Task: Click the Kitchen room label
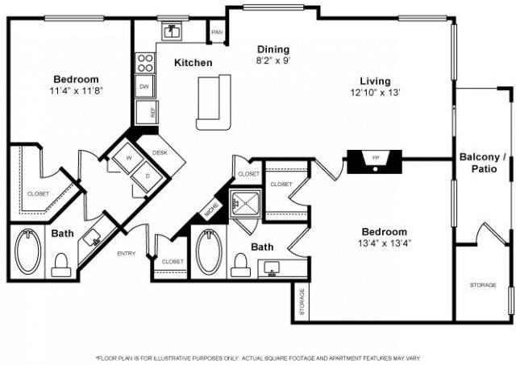click(193, 63)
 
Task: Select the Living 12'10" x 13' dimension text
click(375, 92)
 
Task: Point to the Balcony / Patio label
click(483, 163)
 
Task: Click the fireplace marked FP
click(375, 160)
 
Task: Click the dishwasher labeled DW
click(144, 86)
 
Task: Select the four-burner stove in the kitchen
click(145, 63)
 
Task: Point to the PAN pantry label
click(217, 32)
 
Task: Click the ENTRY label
click(127, 254)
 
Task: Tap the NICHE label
click(211, 209)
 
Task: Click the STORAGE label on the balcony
click(483, 285)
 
